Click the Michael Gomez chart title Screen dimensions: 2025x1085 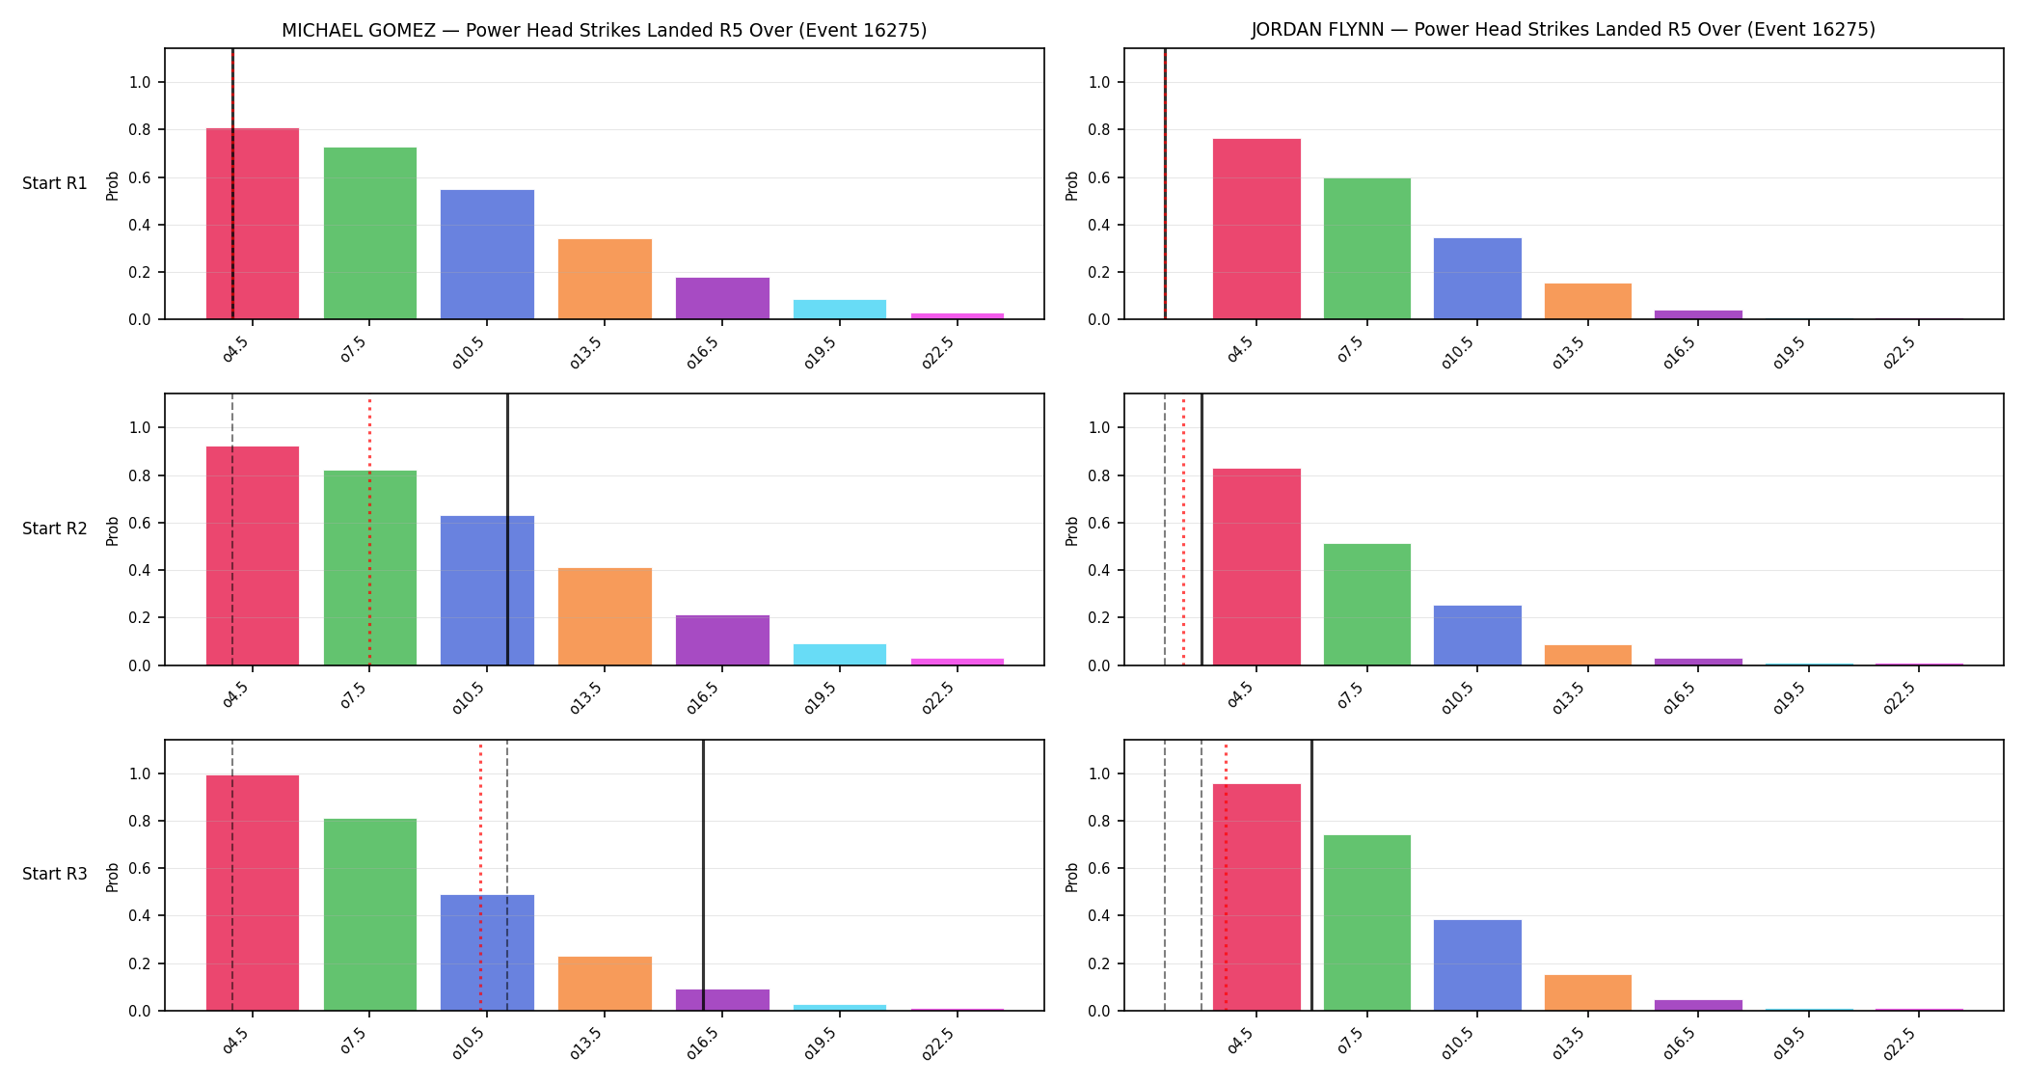[x=604, y=30]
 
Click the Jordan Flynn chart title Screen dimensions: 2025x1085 [x=1563, y=30]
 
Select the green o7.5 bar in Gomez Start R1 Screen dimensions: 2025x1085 [x=370, y=233]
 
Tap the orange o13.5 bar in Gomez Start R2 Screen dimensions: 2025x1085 [x=605, y=616]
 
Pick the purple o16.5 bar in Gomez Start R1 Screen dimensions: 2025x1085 [x=722, y=298]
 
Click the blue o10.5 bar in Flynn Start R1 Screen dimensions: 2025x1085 [x=1477, y=279]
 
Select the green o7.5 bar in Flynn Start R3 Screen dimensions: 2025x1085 [x=1367, y=923]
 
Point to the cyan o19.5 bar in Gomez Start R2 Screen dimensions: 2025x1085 [x=840, y=655]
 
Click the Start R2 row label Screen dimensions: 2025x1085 [x=55, y=529]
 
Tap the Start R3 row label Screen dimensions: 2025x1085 [x=55, y=874]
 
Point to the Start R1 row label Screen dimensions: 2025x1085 [x=55, y=183]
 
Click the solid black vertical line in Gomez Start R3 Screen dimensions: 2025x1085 [x=703, y=875]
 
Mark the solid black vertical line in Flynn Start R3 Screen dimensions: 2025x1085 [x=1311, y=875]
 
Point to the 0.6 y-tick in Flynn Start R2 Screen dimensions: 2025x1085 [x=1100, y=523]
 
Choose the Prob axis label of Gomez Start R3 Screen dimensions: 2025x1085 [x=113, y=877]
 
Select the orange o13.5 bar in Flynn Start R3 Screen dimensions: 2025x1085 [x=1588, y=992]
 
